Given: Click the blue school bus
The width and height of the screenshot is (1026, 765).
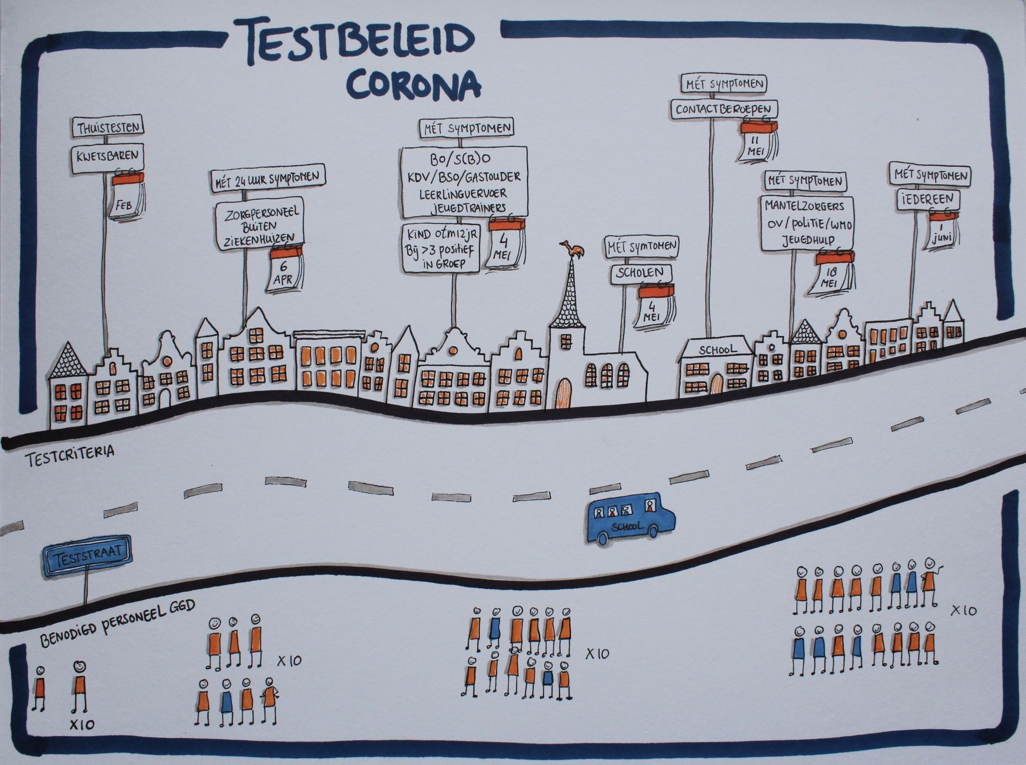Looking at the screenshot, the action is pos(631,518).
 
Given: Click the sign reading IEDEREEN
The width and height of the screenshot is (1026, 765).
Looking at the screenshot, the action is pos(928,199).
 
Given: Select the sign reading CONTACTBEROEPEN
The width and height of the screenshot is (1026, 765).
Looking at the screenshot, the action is pos(724,110).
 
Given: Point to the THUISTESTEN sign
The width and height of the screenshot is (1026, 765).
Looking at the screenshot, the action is pos(108,128).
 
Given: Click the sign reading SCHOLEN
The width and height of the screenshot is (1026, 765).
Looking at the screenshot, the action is pos(639,274).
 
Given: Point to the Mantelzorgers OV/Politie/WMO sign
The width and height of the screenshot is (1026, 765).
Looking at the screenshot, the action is pos(807,223).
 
